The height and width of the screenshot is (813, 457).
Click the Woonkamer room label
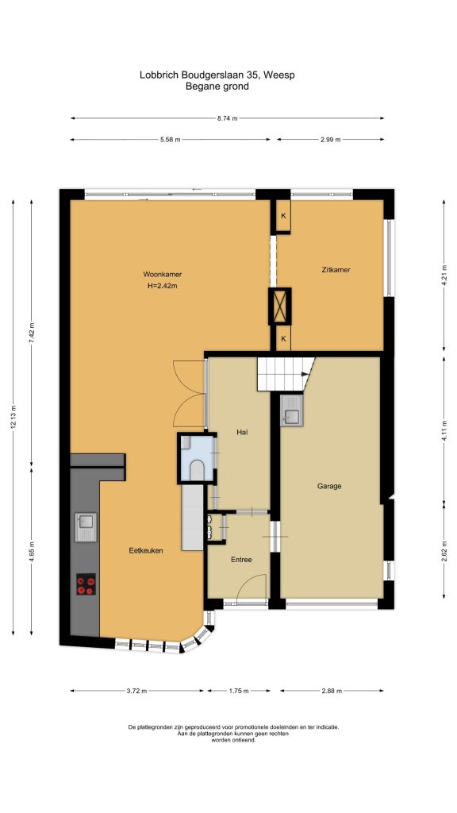[x=162, y=274]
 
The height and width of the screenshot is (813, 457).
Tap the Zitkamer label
[x=336, y=270]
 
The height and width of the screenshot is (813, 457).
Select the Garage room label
[x=329, y=487]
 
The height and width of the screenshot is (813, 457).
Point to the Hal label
[x=241, y=431]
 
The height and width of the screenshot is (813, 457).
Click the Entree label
[x=241, y=560]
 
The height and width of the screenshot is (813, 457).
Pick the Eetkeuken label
[x=146, y=551]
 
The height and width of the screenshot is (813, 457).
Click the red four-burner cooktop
[x=86, y=584]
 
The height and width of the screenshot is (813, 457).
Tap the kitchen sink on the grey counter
[x=86, y=527]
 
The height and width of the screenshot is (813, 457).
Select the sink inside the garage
[x=291, y=410]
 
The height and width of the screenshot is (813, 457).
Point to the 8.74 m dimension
[x=228, y=118]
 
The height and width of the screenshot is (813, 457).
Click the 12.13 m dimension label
[x=13, y=416]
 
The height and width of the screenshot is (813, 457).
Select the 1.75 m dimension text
[x=239, y=691]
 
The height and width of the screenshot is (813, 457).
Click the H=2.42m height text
[x=162, y=285]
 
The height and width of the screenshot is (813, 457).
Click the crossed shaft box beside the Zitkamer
[x=280, y=306]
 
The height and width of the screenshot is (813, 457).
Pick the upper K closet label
[x=283, y=216]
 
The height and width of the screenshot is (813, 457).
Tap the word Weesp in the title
[x=279, y=75]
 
